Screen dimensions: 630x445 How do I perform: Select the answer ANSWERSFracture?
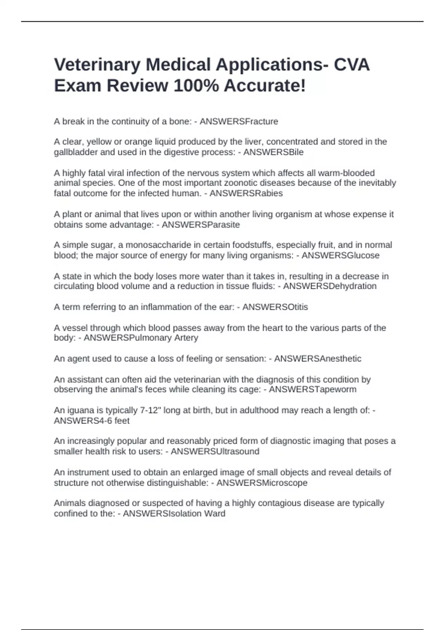pyautogui.click(x=239, y=122)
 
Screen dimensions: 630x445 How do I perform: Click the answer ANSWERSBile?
pyautogui.click(x=273, y=152)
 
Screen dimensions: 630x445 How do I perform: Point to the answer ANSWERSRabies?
pyautogui.click(x=246, y=193)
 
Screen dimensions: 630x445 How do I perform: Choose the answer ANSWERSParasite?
pyautogui.click(x=201, y=225)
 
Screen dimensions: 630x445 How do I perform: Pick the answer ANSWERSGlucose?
pyautogui.click(x=340, y=255)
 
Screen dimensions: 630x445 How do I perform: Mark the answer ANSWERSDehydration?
pyautogui.click(x=330, y=286)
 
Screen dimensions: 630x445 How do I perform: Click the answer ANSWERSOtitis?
pyautogui.click(x=275, y=307)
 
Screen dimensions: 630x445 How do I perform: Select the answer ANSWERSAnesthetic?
pyautogui.click(x=317, y=359)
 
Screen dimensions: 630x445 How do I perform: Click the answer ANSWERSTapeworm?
pyautogui.click(x=313, y=389)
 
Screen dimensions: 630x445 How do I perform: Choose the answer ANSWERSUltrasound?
pyautogui.click(x=215, y=451)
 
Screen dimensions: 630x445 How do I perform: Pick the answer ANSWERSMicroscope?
pyautogui.click(x=262, y=483)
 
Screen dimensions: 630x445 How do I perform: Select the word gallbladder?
pyautogui.click(x=76, y=152)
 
